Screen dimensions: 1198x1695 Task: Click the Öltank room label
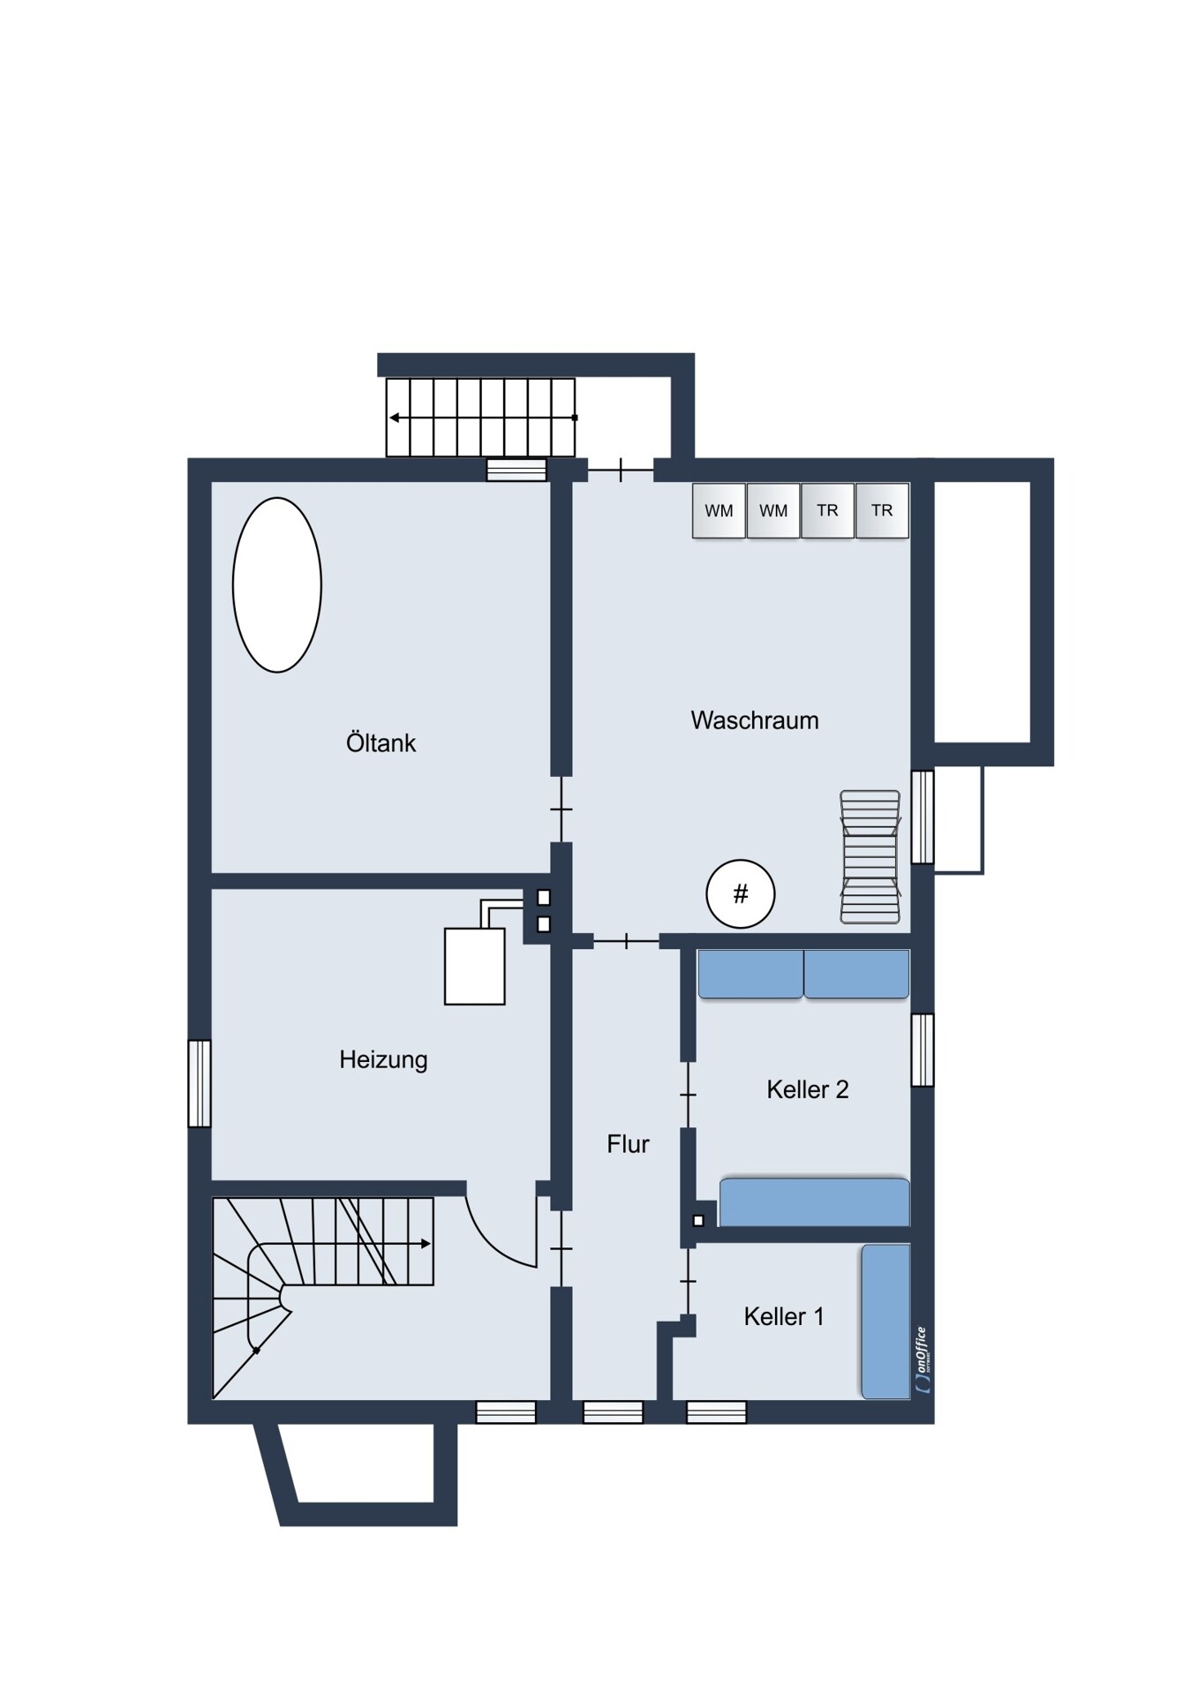pyautogui.click(x=380, y=742)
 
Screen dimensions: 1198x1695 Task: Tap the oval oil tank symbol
pyautogui.click(x=277, y=585)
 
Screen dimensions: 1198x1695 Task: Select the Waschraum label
pyautogui.click(x=755, y=720)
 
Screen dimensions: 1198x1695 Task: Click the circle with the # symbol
pyautogui.click(x=741, y=894)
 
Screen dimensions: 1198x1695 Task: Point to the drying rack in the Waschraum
pyautogui.click(x=870, y=857)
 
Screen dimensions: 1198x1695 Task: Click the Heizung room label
pyautogui.click(x=383, y=1059)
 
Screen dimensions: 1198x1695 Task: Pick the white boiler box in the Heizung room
pyautogui.click(x=475, y=966)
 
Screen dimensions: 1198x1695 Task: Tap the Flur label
pyautogui.click(x=628, y=1144)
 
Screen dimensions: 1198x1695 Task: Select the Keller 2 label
pyautogui.click(x=808, y=1089)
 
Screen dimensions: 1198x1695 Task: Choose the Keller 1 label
pyautogui.click(x=784, y=1316)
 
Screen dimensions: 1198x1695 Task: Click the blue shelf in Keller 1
pyautogui.click(x=885, y=1322)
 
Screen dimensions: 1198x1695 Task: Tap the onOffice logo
pyautogui.click(x=922, y=1360)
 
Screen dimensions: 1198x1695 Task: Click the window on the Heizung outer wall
pyautogui.click(x=200, y=1083)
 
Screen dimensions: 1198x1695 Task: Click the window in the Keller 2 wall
pyautogui.click(x=923, y=1050)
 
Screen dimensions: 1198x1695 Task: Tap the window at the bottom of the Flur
pyautogui.click(x=613, y=1412)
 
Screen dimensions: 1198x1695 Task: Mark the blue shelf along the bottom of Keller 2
pyautogui.click(x=814, y=1202)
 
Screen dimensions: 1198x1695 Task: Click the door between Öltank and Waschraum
pyautogui.click(x=561, y=810)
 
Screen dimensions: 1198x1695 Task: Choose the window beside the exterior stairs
pyautogui.click(x=516, y=470)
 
